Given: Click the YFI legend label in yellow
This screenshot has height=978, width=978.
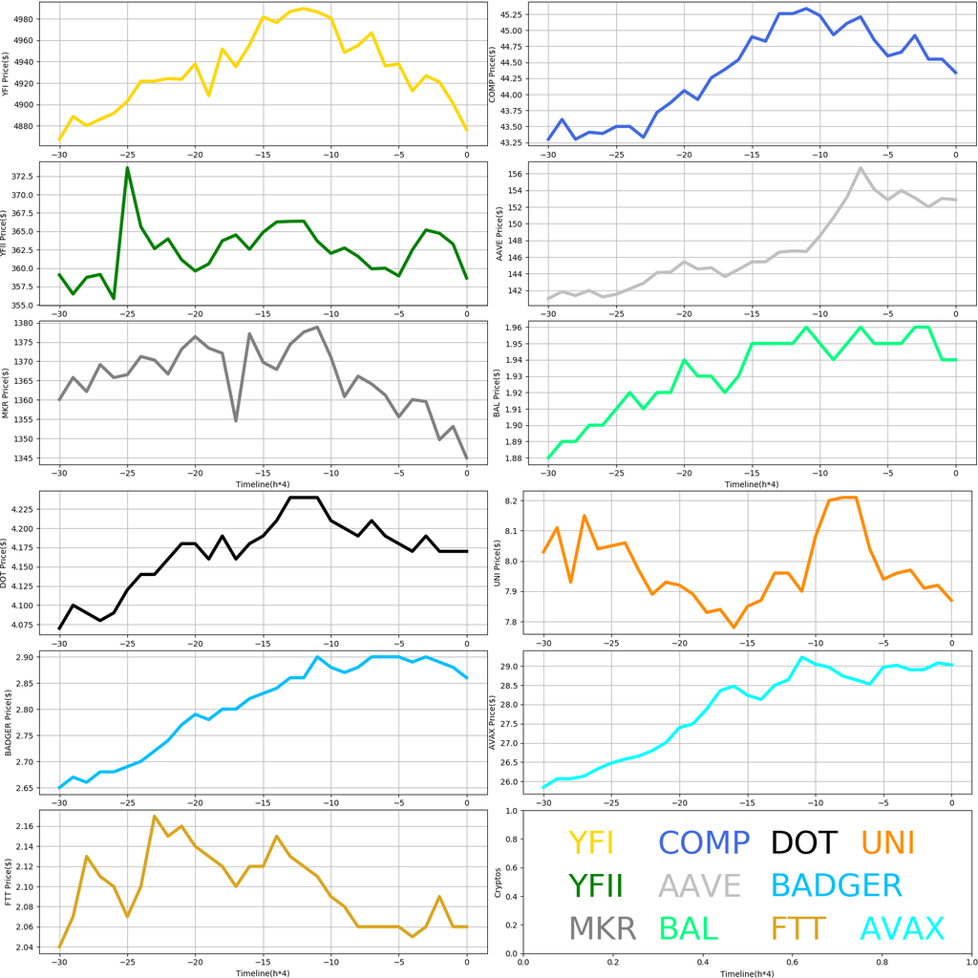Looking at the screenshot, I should click(590, 842).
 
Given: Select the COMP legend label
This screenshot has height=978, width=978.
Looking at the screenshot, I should click(704, 842).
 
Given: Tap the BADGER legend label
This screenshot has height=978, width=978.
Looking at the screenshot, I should click(836, 885).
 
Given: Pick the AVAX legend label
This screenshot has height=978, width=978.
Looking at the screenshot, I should click(902, 928).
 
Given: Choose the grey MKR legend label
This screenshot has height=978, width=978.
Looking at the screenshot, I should click(603, 928).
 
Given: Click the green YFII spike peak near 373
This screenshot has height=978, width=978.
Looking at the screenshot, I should click(127, 168).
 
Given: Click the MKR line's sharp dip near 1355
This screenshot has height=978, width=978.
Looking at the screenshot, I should click(236, 420).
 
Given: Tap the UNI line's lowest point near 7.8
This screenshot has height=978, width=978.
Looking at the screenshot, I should click(733, 627).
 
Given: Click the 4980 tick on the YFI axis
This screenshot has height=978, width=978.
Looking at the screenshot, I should click(24, 19).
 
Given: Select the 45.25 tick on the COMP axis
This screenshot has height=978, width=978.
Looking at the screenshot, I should click(510, 15).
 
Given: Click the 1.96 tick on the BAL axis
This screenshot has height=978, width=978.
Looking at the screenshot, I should click(514, 328).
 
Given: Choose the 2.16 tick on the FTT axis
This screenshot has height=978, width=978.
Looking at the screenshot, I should click(25, 825).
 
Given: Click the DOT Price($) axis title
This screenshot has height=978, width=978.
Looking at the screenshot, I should click(8, 563).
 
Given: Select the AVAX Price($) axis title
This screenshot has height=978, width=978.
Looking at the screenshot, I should click(491, 722).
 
